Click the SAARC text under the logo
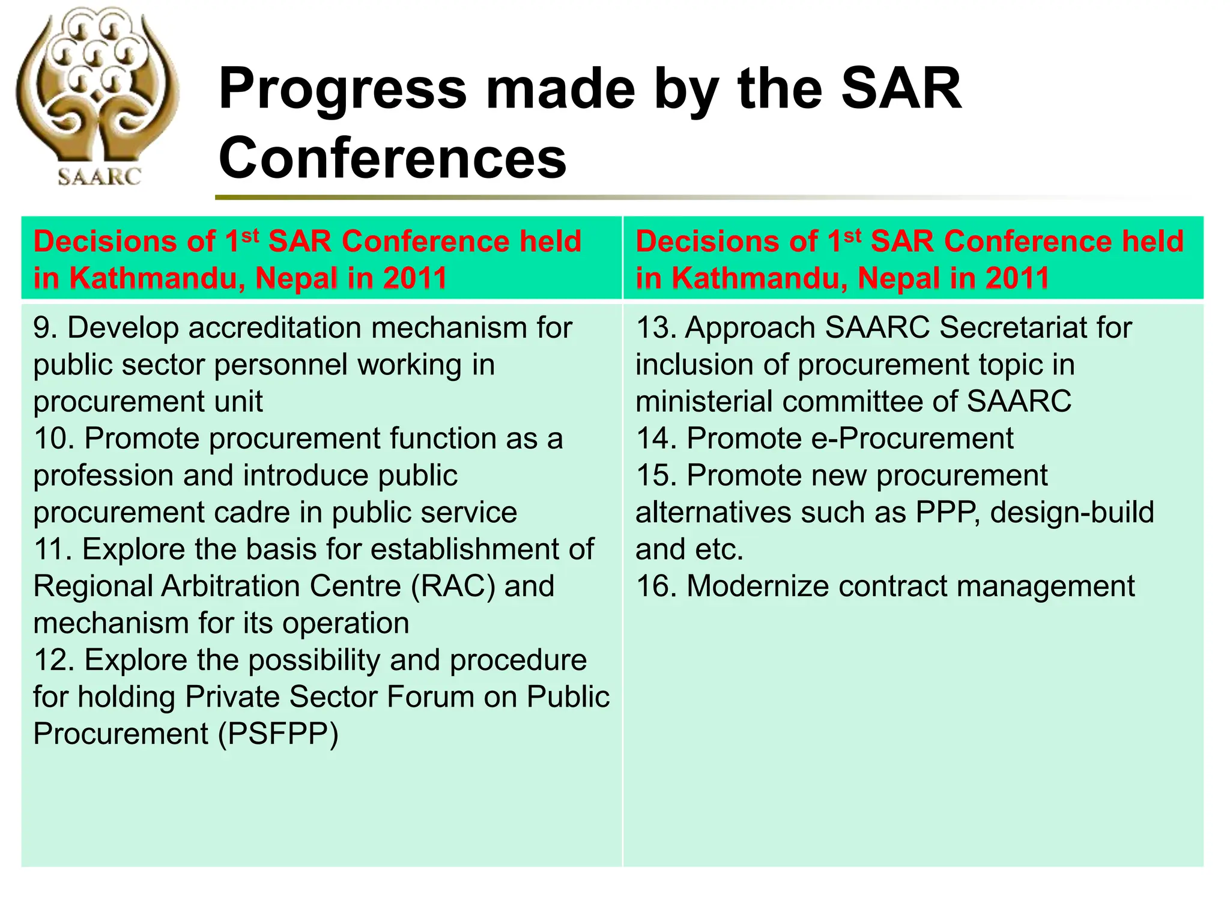click(x=99, y=176)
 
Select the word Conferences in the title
click(x=393, y=157)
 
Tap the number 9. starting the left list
click(x=46, y=328)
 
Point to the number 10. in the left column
click(x=54, y=439)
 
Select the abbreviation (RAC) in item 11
click(x=453, y=586)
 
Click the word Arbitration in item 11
click(x=282, y=586)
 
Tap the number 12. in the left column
click(x=54, y=660)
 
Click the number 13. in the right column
click(x=656, y=328)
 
